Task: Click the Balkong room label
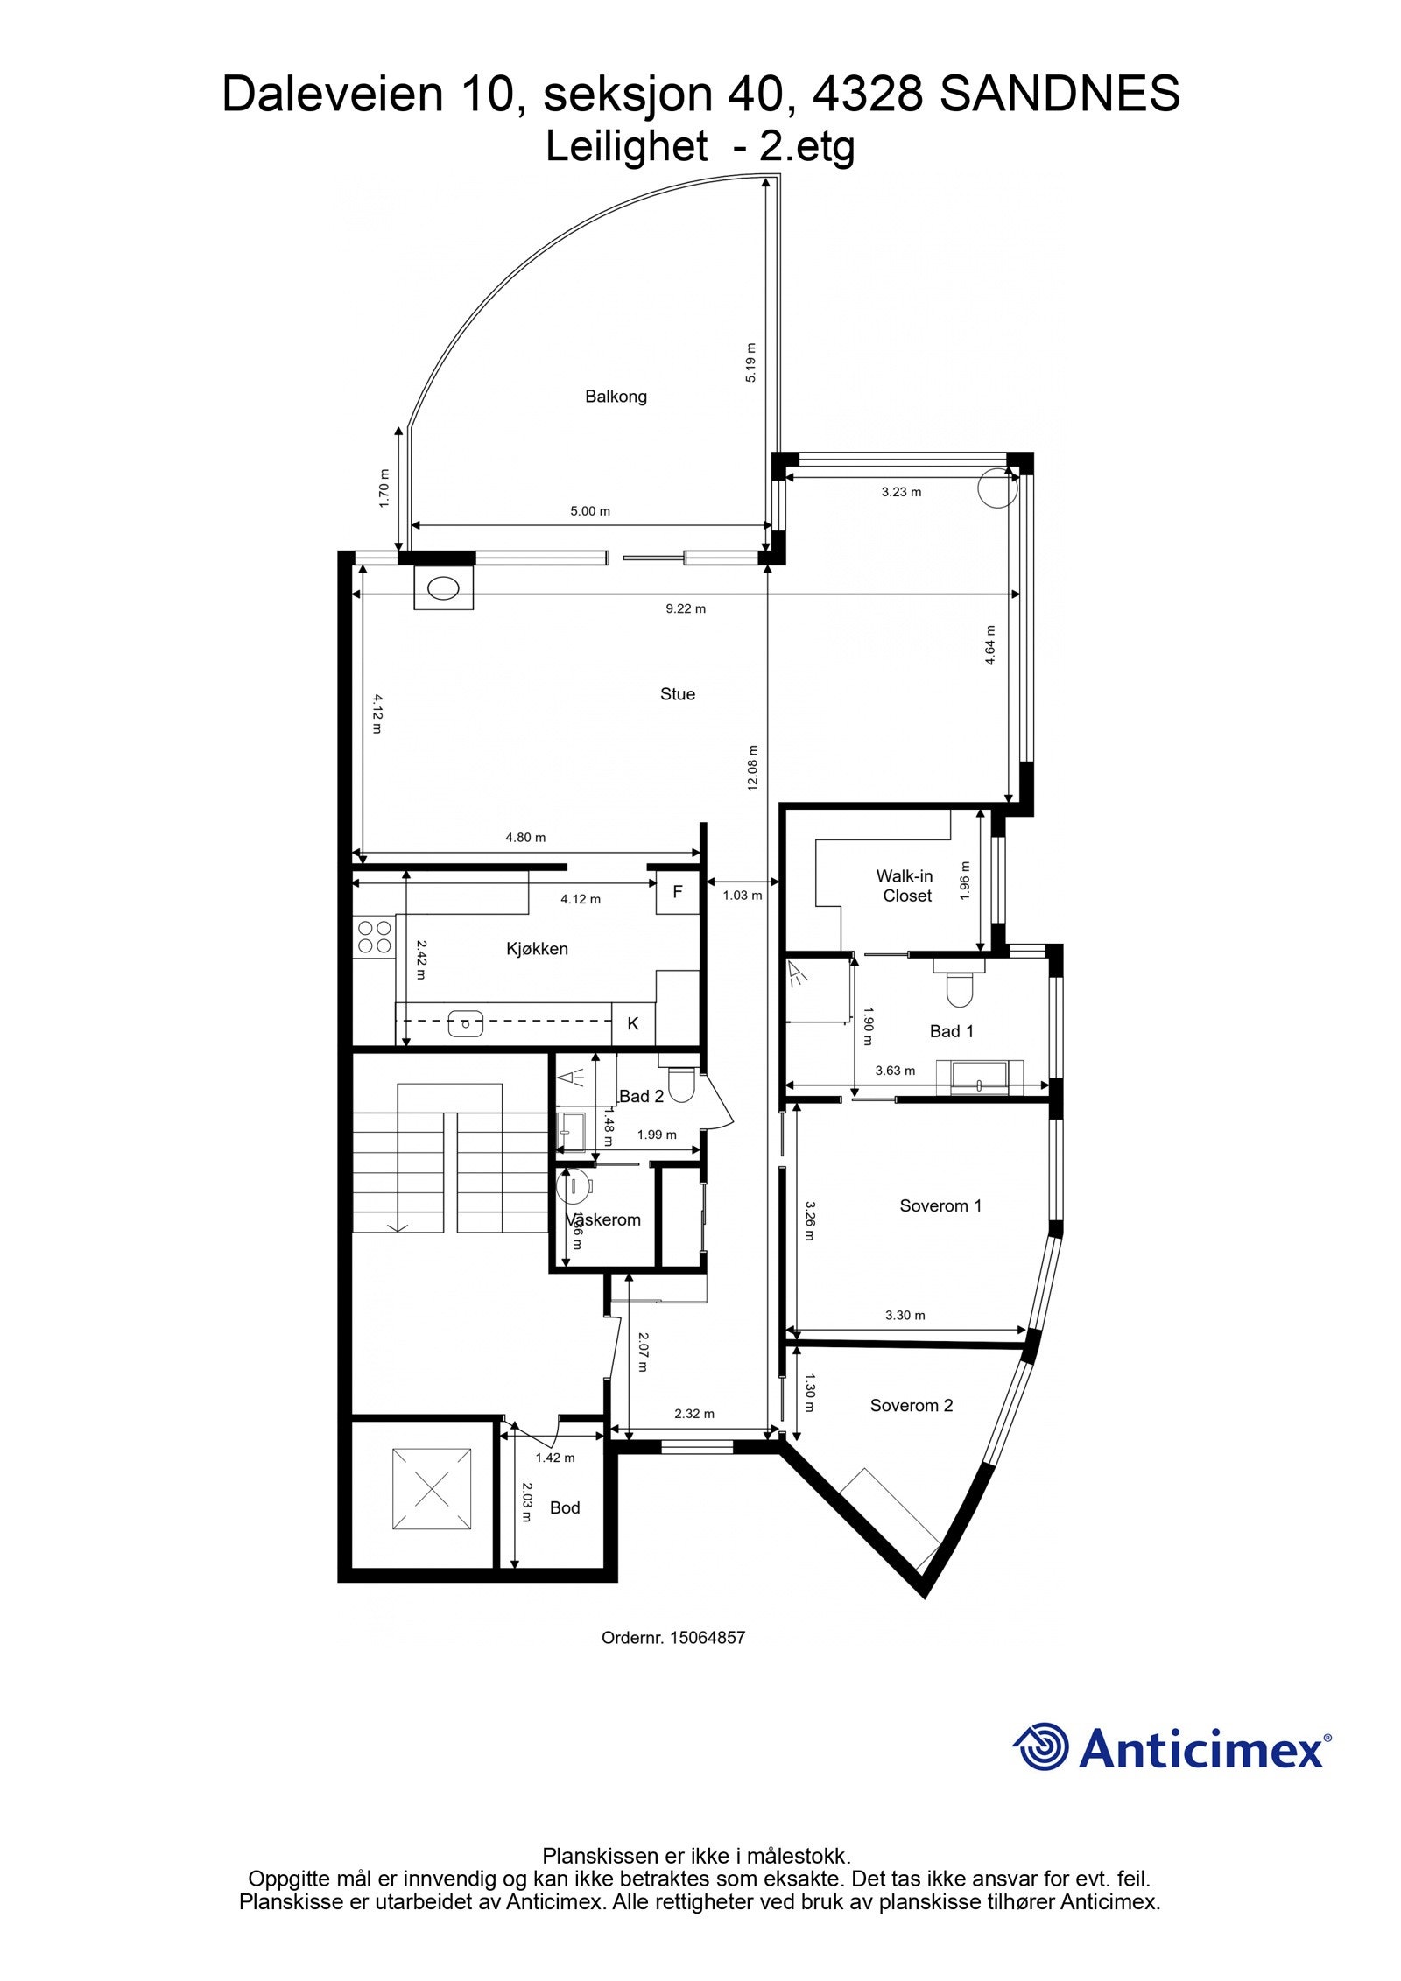point(616,397)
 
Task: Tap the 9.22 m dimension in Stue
point(686,608)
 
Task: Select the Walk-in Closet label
point(906,885)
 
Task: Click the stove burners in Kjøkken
point(375,936)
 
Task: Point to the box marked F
point(677,893)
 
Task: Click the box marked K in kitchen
point(633,1023)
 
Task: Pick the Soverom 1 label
point(940,1206)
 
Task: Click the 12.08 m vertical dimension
point(752,768)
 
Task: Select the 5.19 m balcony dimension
point(750,362)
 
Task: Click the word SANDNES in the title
point(1060,94)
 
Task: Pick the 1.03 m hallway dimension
point(742,896)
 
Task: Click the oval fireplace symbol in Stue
point(443,587)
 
